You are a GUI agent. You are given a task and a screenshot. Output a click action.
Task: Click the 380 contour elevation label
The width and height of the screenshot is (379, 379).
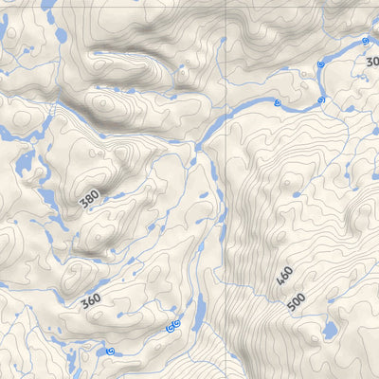point(89,200)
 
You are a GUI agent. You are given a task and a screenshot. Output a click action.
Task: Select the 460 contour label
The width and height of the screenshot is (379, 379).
point(284,278)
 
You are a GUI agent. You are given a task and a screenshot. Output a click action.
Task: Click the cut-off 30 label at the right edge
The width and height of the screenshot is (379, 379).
point(371,62)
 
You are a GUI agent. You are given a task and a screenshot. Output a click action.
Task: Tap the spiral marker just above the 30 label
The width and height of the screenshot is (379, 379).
point(366,42)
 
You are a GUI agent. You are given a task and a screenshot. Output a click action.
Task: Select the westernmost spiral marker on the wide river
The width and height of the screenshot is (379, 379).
point(277,102)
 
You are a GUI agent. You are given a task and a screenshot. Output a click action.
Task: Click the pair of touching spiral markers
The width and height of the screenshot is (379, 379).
point(173,326)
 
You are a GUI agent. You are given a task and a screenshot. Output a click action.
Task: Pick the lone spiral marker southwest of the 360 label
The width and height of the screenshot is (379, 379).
point(111,352)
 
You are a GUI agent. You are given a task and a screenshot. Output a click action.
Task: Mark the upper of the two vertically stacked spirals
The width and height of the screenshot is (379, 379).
point(321,63)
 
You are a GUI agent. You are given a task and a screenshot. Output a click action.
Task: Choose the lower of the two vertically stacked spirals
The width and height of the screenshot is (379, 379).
point(321,99)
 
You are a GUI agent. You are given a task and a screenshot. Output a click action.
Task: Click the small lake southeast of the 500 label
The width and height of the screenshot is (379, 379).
point(330,331)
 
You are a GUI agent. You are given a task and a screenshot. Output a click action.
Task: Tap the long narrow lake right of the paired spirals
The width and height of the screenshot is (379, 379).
point(200,309)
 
